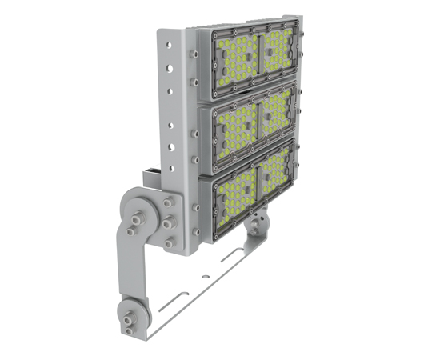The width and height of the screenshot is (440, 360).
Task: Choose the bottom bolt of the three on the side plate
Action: pyautogui.click(x=168, y=242)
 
